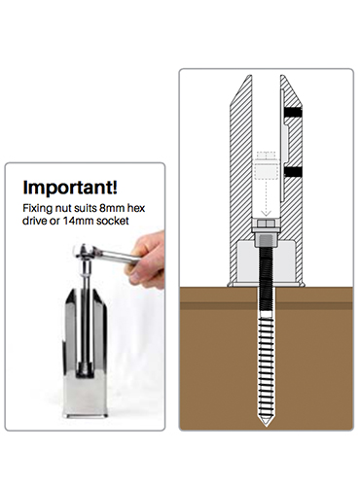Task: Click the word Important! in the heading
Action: click(x=70, y=187)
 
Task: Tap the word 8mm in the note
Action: click(x=107, y=207)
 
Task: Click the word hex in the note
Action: click(x=135, y=207)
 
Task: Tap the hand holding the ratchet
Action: click(x=148, y=260)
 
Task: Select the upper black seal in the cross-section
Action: click(x=293, y=112)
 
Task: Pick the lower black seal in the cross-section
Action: click(x=293, y=172)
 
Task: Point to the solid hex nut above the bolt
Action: click(x=266, y=224)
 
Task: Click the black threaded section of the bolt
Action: click(x=266, y=280)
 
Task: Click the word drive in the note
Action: click(x=34, y=221)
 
